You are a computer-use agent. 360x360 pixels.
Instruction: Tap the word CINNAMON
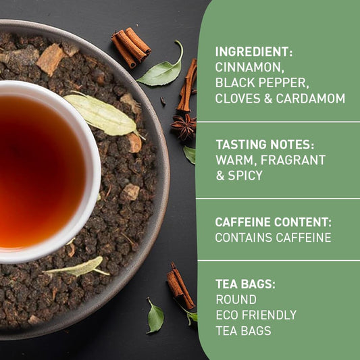coord(246,67)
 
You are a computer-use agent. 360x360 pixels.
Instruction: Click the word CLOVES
coord(237,98)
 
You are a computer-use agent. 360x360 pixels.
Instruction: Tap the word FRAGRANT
coord(295,160)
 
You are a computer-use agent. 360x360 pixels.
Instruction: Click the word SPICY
coord(246,175)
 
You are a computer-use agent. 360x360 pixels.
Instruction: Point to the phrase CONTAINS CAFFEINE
coord(273,237)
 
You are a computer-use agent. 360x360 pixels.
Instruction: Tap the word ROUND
coord(236,299)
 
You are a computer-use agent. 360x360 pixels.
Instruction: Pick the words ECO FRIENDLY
coord(256,315)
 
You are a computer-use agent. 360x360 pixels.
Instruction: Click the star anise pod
coord(183,126)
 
